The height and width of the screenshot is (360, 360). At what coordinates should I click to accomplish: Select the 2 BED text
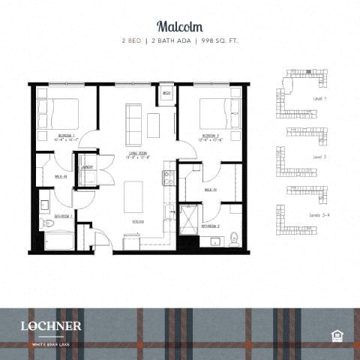(x=133, y=39)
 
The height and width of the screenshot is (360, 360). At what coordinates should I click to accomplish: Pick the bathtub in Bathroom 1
(x=58, y=241)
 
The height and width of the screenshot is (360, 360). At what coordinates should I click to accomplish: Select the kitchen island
(x=134, y=196)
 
